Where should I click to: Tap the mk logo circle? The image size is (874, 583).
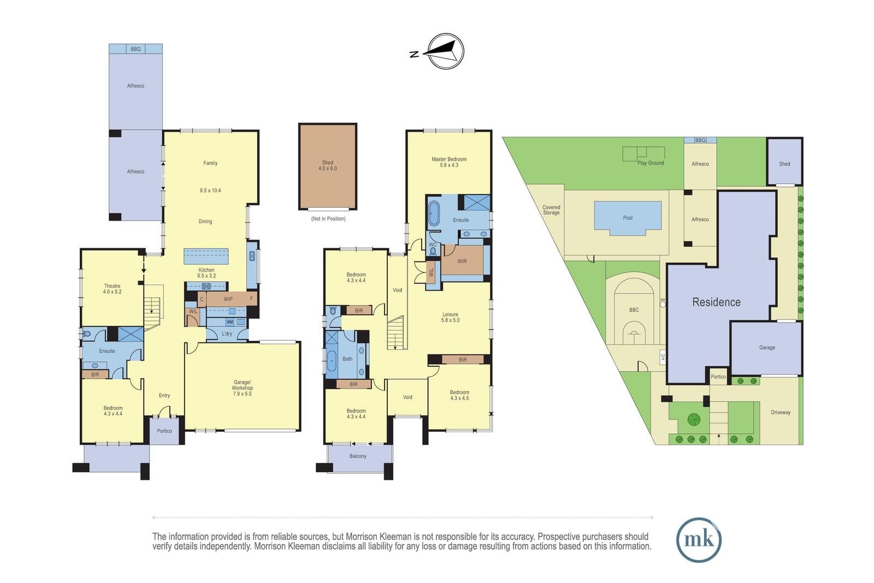tap(699, 540)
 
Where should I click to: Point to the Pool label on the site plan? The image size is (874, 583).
tap(628, 218)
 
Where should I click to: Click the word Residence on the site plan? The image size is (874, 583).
tap(716, 302)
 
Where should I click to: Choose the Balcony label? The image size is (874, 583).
tap(358, 456)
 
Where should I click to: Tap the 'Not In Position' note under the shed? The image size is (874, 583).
tap(328, 219)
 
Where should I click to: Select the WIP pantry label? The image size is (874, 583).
tap(228, 299)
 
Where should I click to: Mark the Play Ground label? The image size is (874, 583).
tap(651, 163)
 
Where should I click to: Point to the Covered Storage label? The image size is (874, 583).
tap(551, 210)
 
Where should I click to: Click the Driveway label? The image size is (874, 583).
tap(781, 412)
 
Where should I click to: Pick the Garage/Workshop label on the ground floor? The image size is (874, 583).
tap(242, 388)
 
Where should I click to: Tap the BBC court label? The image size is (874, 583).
tap(634, 310)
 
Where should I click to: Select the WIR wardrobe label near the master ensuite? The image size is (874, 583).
tap(462, 261)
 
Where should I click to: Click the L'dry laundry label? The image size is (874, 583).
tap(227, 334)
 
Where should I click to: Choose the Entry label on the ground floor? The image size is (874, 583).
tap(164, 395)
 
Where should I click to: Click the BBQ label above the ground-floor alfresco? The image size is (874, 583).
tap(135, 49)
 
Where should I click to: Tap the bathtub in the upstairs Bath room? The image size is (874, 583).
tap(332, 361)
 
